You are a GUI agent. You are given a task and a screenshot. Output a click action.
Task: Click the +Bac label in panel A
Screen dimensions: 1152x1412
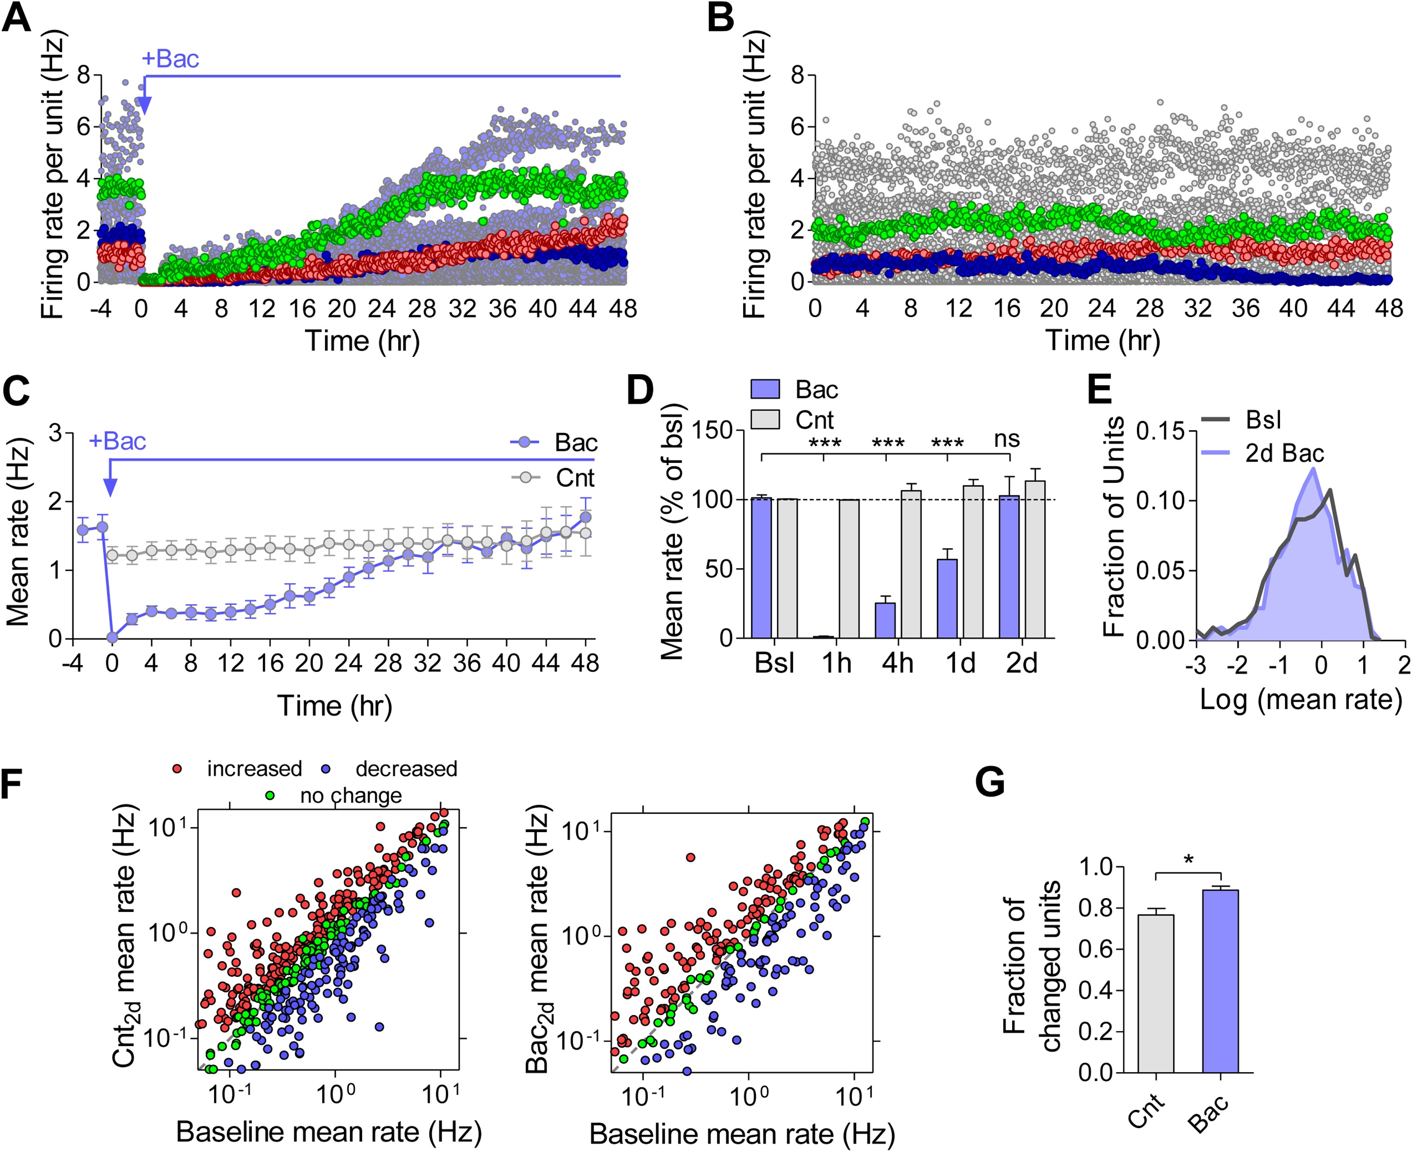170,59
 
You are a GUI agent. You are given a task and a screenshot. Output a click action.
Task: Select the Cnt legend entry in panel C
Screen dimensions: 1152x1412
575,478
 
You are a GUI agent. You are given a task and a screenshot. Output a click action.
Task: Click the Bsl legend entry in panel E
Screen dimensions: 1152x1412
1263,420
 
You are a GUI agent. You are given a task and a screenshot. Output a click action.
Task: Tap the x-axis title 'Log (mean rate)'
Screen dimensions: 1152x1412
1301,699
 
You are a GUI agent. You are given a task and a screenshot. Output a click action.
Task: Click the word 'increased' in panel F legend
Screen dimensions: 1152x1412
254,768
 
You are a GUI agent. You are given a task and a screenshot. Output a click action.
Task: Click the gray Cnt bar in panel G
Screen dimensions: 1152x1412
1156,993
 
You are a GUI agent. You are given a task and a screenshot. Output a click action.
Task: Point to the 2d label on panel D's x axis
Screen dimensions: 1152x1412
1021,663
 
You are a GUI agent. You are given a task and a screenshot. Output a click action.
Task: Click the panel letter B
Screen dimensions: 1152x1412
720,18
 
